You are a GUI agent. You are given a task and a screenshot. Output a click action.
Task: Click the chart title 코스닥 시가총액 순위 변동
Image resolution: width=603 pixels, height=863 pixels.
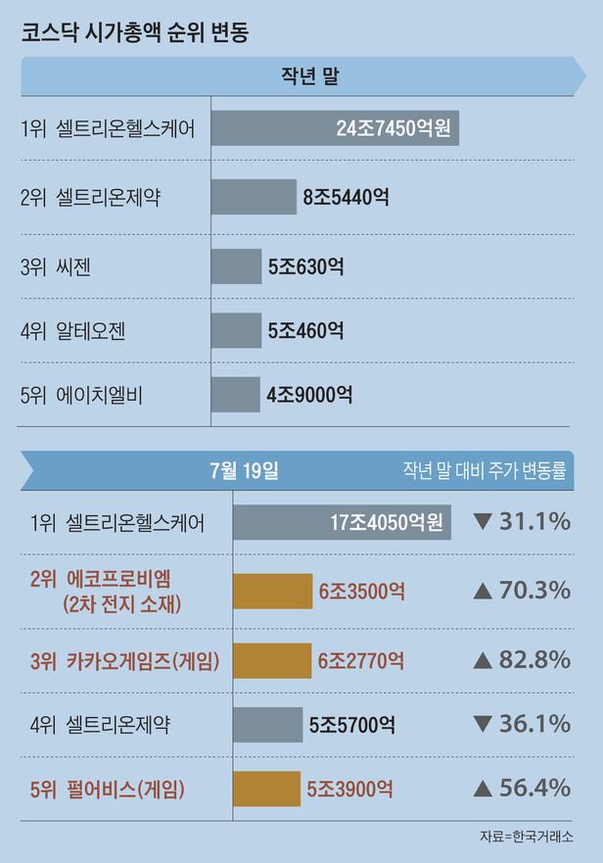pyautogui.click(x=135, y=32)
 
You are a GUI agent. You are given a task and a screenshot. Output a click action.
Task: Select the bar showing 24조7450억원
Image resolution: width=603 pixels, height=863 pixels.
pyautogui.click(x=335, y=128)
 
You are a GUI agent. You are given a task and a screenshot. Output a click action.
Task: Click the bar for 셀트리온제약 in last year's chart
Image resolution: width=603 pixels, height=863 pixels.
pyautogui.click(x=254, y=197)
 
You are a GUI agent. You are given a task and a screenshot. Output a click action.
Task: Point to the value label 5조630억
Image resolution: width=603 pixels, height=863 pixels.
pyautogui.click(x=305, y=265)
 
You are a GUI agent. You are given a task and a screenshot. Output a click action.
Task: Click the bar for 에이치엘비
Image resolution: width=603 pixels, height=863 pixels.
pyautogui.click(x=236, y=395)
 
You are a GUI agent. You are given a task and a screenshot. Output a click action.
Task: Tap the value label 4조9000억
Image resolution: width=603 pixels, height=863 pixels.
pyautogui.click(x=309, y=395)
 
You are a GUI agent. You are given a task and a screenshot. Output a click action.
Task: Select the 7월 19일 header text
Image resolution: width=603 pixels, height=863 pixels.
pyautogui.click(x=244, y=470)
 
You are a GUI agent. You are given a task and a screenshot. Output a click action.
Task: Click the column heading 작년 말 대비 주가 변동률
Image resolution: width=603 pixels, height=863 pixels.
pyautogui.click(x=485, y=471)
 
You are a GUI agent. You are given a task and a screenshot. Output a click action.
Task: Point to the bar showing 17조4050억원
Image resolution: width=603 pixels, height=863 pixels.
pyautogui.click(x=342, y=521)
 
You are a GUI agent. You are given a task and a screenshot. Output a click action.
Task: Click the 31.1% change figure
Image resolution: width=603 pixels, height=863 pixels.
pyautogui.click(x=534, y=521)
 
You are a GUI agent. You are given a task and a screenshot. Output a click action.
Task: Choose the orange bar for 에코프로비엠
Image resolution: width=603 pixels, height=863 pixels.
pyautogui.click(x=272, y=591)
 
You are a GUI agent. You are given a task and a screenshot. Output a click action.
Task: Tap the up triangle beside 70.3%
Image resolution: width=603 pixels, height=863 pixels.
pyautogui.click(x=482, y=591)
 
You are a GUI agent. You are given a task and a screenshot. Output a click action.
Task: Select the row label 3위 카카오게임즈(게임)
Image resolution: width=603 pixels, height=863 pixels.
pyautogui.click(x=124, y=661)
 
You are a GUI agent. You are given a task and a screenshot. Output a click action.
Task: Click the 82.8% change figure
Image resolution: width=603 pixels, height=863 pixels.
pyautogui.click(x=534, y=659)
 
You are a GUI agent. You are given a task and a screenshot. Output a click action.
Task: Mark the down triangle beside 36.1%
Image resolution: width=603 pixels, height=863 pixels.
pyautogui.click(x=482, y=725)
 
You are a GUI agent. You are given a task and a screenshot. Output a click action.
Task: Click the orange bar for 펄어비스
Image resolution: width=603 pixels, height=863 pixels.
pyautogui.click(x=266, y=788)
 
